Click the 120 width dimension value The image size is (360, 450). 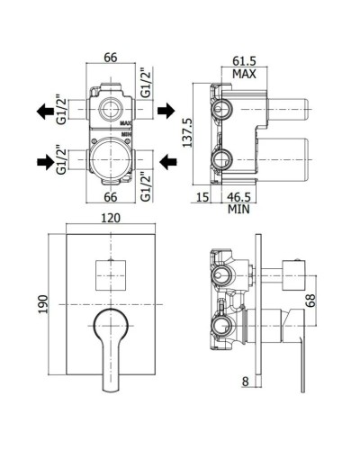pyautogui.click(x=112, y=218)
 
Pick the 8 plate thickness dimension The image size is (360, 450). pyautogui.click(x=244, y=382)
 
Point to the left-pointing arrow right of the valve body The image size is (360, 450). pyautogui.click(x=165, y=163)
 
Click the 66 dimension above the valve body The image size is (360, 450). pyautogui.click(x=112, y=57)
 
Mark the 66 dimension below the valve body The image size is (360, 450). pyautogui.click(x=112, y=195)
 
